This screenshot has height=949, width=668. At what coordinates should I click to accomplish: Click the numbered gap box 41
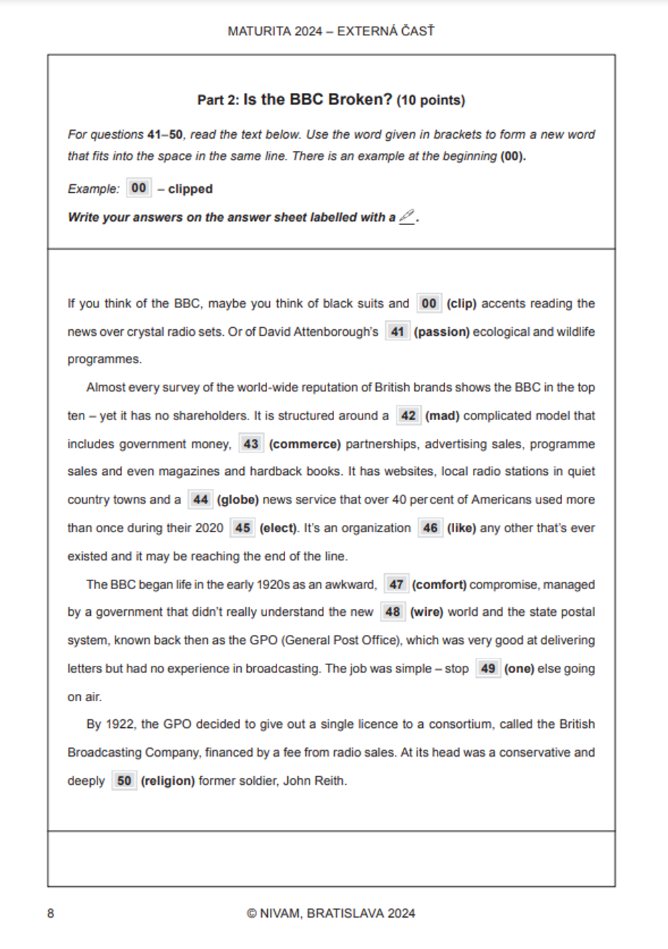tap(397, 331)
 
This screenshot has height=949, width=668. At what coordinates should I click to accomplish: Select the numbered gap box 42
tap(408, 415)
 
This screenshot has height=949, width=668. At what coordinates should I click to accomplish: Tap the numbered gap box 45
tap(242, 528)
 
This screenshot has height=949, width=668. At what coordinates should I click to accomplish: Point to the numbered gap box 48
tap(393, 612)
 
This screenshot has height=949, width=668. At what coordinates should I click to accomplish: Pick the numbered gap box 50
tap(124, 781)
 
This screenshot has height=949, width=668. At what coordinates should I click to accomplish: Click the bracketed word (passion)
tap(442, 332)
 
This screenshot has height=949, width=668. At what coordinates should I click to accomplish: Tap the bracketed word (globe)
tap(238, 500)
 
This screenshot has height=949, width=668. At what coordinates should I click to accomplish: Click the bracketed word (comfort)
tap(439, 584)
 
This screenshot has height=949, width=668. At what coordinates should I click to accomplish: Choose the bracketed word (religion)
tap(168, 781)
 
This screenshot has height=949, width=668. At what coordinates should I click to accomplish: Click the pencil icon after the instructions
tap(407, 216)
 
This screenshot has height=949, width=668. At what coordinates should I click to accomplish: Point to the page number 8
tap(51, 913)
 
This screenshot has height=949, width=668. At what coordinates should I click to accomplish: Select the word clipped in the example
tap(190, 189)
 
